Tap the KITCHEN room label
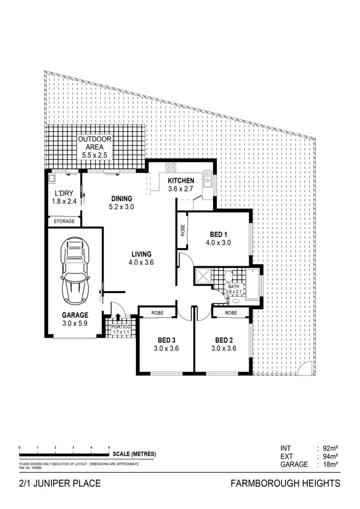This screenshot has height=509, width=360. coord(180,181)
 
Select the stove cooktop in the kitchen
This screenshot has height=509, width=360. coord(171,167)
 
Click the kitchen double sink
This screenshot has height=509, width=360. coord(207,179)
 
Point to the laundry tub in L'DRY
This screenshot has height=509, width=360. coord(52,179)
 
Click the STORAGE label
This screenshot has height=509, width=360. coord(64,222)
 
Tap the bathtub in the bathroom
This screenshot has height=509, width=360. coord(252,284)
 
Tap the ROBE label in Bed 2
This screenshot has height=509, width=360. coord(231,313)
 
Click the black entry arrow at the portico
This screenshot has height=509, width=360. coord(118,318)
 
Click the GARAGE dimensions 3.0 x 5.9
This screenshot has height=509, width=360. coord(75,324)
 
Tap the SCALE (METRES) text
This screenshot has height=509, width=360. coord(134,454)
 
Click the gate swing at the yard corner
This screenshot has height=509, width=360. coord(303,369)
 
